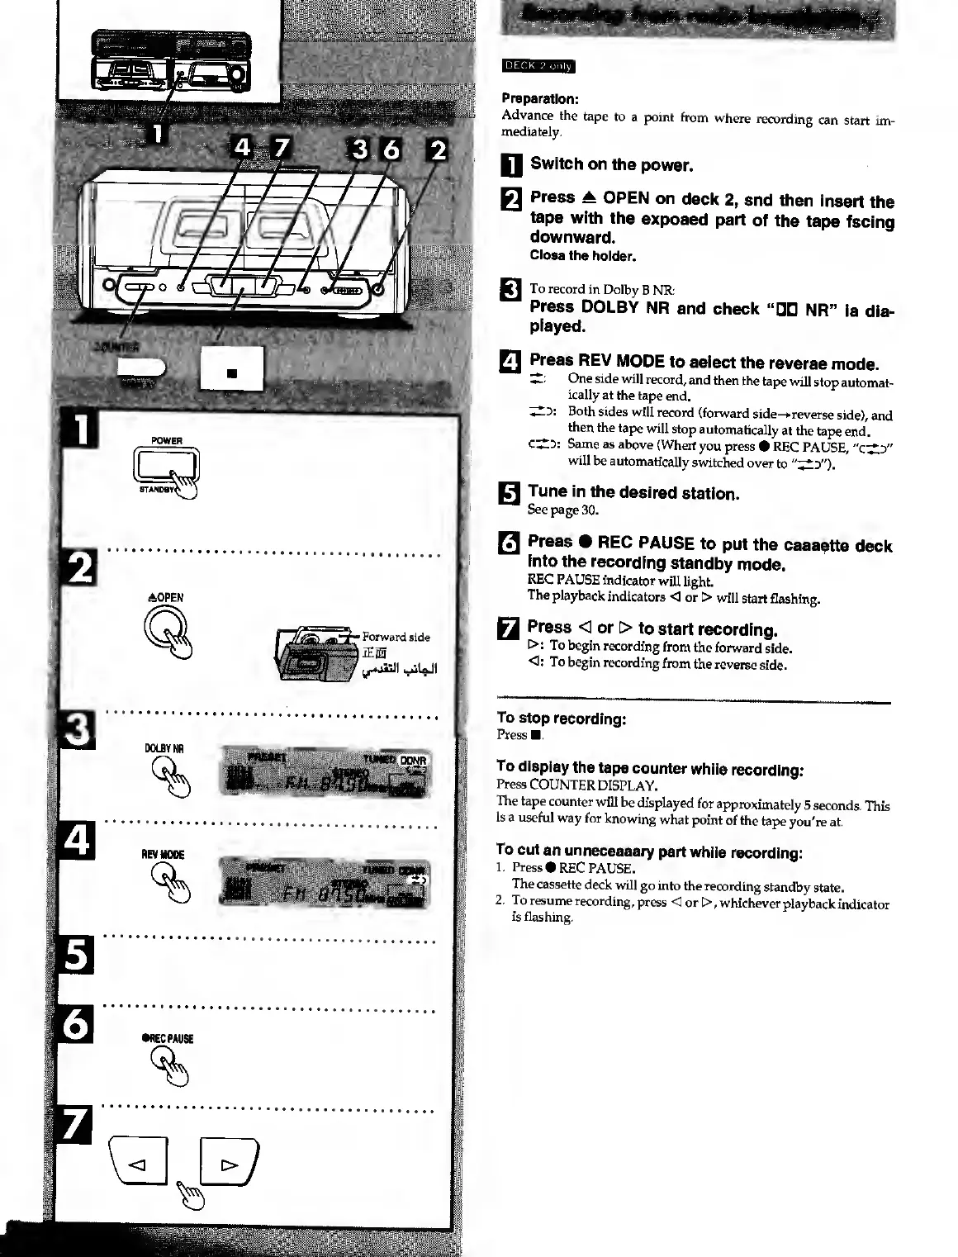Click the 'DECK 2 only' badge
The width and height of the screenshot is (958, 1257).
tap(538, 67)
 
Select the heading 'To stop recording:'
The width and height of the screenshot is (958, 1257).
tap(562, 719)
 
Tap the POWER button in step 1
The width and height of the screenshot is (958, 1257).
tap(167, 467)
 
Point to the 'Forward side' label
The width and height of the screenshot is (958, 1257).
tap(396, 637)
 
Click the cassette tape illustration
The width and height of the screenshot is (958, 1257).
tap(318, 652)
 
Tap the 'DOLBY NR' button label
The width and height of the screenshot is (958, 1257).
tap(164, 748)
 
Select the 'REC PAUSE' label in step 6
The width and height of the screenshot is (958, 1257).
tap(168, 1039)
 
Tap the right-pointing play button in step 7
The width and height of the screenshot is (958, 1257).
tap(229, 1165)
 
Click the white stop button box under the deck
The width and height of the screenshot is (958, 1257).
tap(232, 368)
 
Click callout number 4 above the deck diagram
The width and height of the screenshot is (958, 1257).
tap(243, 149)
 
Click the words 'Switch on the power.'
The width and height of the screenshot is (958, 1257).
tap(611, 164)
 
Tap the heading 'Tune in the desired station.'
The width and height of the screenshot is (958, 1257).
tap(633, 493)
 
